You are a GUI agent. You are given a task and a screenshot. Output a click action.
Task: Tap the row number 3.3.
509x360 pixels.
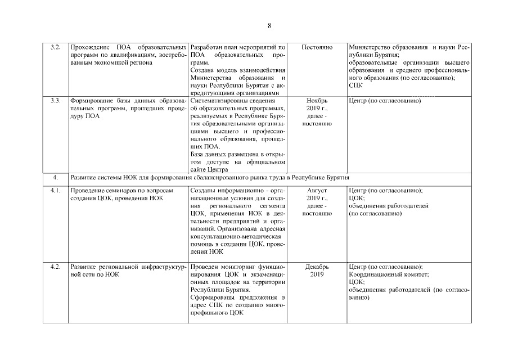point(55,101)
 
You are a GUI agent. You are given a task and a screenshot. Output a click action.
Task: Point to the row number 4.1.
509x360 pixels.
point(55,190)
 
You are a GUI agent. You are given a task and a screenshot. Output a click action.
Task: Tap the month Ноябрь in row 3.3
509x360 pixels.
point(317,101)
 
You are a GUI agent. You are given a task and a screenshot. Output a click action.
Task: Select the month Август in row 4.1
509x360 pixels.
point(317,190)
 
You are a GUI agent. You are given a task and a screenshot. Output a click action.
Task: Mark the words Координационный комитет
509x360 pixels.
point(389,274)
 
